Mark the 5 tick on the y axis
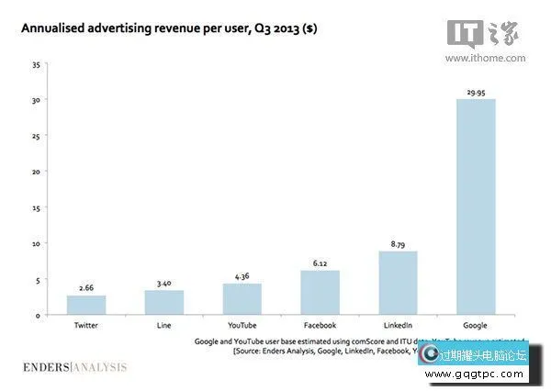37,279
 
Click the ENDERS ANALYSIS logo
74,368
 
